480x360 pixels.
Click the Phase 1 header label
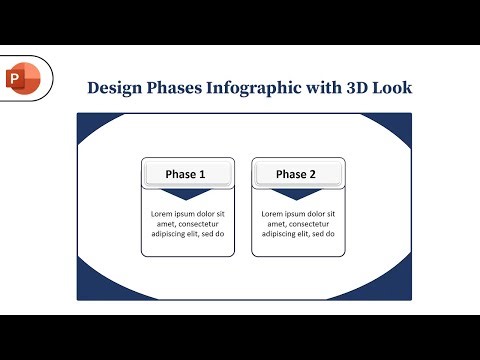[x=186, y=174]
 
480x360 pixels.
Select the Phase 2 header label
[x=296, y=174]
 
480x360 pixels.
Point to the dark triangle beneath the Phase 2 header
[x=296, y=194]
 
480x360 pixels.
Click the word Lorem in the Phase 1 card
[x=163, y=214]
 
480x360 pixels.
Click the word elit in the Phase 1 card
[x=200, y=234]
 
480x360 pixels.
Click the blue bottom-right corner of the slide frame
[x=403, y=291]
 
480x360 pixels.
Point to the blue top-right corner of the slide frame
[x=403, y=123]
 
